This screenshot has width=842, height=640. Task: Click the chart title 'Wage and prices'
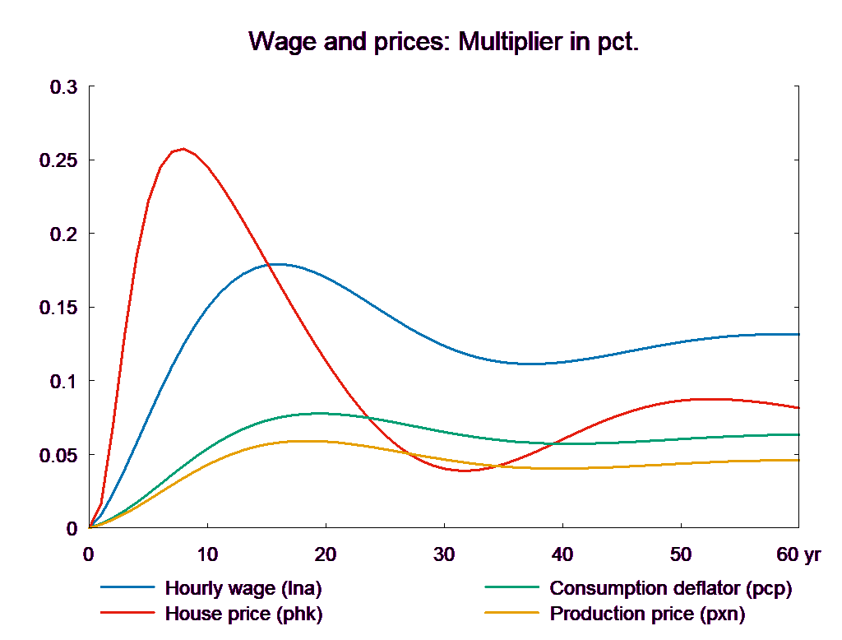[443, 42]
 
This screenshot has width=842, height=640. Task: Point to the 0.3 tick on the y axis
[63, 87]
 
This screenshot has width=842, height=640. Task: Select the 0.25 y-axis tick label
[58, 160]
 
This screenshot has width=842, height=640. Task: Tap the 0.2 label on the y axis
[63, 234]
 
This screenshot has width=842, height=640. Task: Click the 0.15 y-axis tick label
[58, 308]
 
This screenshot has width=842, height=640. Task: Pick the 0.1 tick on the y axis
[63, 382]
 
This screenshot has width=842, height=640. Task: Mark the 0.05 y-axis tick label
[58, 455]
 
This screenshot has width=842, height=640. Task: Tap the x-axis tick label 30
[443, 554]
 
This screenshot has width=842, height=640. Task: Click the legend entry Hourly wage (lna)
[243, 588]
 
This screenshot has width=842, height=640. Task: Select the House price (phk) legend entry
[243, 614]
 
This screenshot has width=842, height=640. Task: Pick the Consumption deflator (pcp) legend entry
[670, 588]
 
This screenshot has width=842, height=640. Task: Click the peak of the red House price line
[183, 149]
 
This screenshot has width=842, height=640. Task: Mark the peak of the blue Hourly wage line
[278, 264]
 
